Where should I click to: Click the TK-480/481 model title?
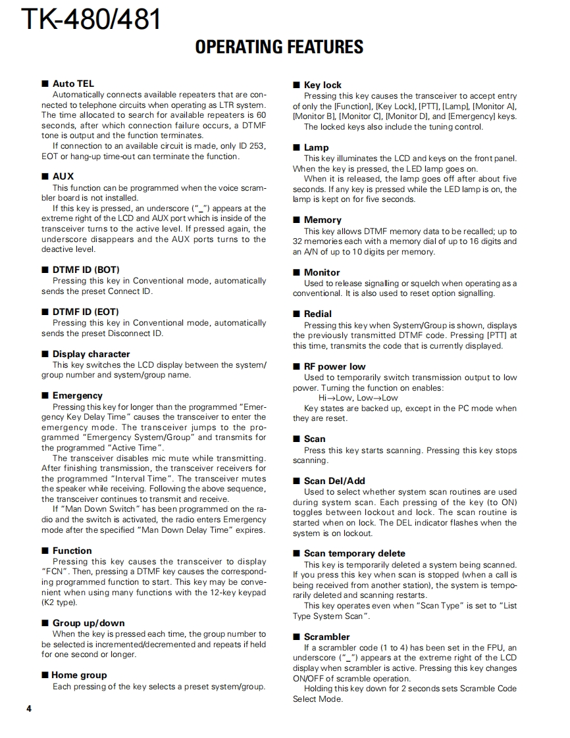point(91,19)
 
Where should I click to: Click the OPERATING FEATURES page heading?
point(279,47)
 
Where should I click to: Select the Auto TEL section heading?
point(73,84)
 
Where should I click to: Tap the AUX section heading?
point(63,176)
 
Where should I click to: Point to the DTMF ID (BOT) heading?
point(86,270)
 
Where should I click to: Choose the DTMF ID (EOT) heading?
point(86,312)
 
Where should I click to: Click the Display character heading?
point(91,354)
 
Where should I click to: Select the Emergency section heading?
point(77,395)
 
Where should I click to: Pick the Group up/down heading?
point(88,623)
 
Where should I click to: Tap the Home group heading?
point(79,675)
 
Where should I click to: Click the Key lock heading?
point(323,85)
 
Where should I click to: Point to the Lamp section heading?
point(316,147)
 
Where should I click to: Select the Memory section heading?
point(323,220)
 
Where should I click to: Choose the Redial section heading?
point(318,314)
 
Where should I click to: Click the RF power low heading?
point(334,366)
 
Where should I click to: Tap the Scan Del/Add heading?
point(334,481)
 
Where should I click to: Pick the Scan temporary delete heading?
point(354,553)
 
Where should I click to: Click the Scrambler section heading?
point(326,637)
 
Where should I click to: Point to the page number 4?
point(29,708)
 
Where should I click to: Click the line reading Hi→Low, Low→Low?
point(358,398)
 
